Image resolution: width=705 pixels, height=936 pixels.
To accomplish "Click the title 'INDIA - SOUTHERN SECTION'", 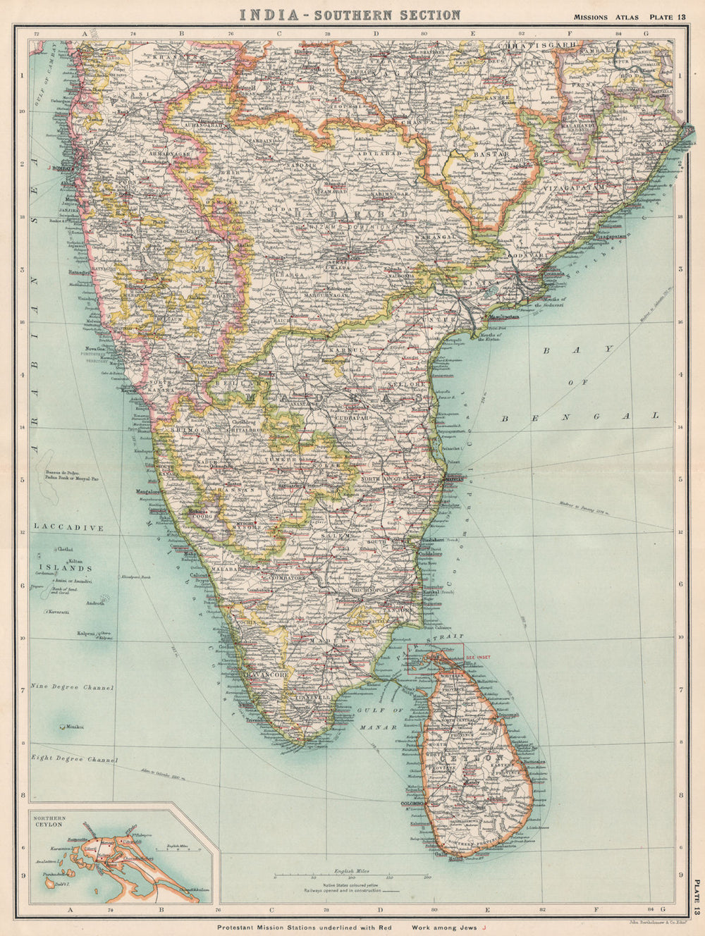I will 350,14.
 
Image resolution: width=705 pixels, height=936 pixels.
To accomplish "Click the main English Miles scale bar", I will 351,877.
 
